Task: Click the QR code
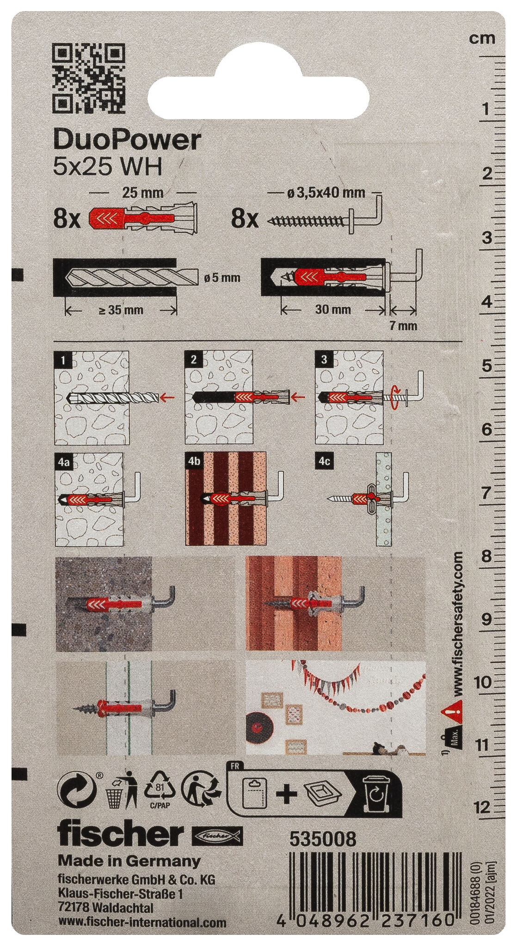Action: click(89, 78)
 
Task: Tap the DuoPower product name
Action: click(127, 140)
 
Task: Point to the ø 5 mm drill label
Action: click(222, 278)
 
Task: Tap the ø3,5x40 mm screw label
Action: click(326, 193)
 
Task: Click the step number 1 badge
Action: click(62, 359)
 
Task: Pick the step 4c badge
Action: click(324, 461)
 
